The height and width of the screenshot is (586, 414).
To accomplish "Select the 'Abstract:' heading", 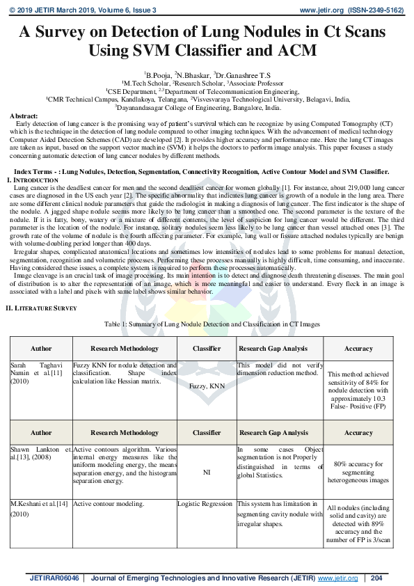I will pos(24,115).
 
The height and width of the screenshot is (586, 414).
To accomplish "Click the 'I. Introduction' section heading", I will pos(26,180).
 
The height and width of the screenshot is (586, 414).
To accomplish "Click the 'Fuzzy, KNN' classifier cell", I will pos(207,383).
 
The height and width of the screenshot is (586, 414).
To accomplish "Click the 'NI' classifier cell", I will pos(207,470).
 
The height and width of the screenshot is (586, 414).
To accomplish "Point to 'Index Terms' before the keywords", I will pos(33,170).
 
